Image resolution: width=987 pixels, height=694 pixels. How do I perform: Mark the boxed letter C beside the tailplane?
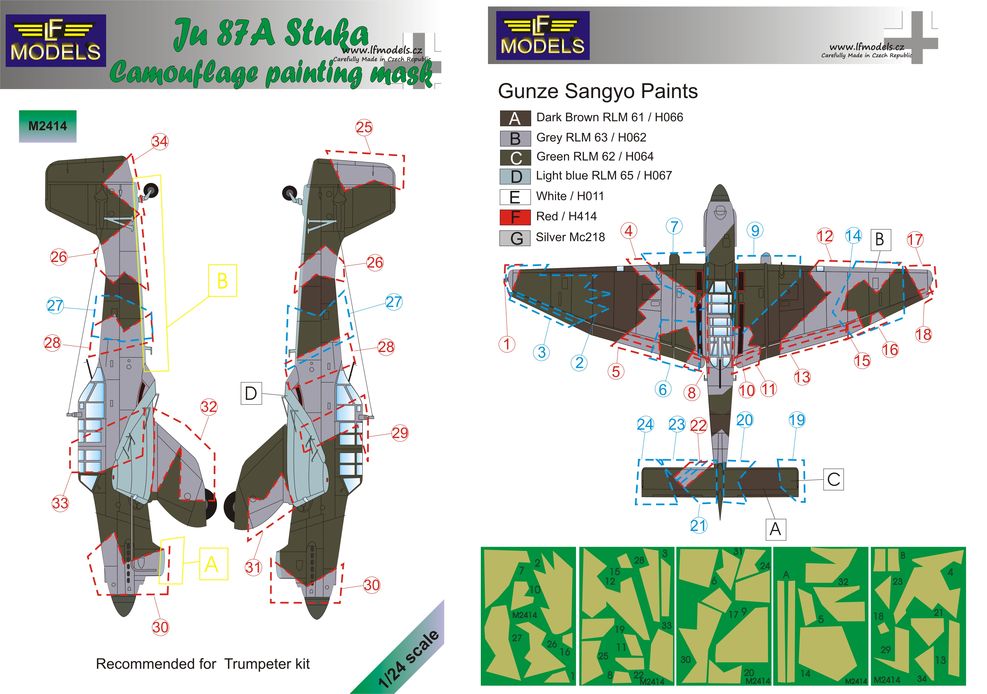pos(832,479)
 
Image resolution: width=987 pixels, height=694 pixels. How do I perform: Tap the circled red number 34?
pos(160,141)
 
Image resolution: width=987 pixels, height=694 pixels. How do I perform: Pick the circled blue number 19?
pos(796,421)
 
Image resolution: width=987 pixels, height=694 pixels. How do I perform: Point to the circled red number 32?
pos(208,407)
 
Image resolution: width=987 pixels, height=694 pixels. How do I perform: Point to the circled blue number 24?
pos(645,423)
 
